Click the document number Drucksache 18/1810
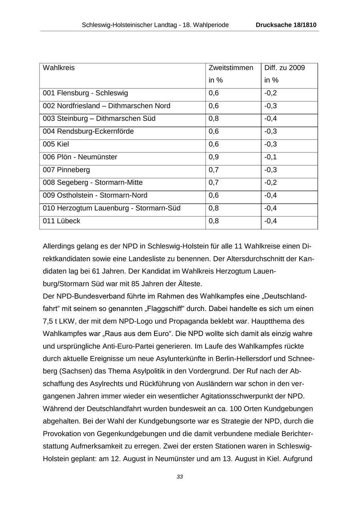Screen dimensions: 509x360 point(286,25)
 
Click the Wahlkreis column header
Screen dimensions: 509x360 point(59,68)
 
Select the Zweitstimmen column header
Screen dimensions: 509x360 point(231,68)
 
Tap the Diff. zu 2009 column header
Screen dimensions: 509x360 point(284,68)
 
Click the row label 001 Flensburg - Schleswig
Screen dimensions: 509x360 point(85,93)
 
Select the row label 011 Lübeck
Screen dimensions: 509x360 point(62,221)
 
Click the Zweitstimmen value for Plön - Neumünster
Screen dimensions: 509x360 point(214,157)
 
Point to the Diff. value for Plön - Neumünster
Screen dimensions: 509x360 point(270,157)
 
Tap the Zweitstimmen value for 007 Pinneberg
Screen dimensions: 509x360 point(214,170)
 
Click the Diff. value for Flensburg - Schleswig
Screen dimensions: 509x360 point(270,93)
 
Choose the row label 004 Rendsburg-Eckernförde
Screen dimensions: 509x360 point(88,132)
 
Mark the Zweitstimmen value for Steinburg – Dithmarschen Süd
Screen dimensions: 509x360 point(214,119)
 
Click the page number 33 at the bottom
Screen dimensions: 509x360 point(180,477)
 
